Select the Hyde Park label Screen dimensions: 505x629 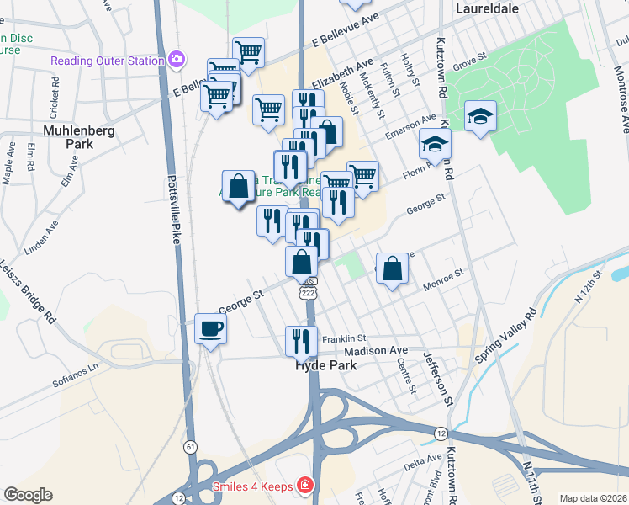325,366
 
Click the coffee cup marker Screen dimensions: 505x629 210,328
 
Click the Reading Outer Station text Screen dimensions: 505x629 108,60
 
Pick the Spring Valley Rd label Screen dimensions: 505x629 505,336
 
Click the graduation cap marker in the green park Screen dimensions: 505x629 480,116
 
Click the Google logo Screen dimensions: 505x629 28,495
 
